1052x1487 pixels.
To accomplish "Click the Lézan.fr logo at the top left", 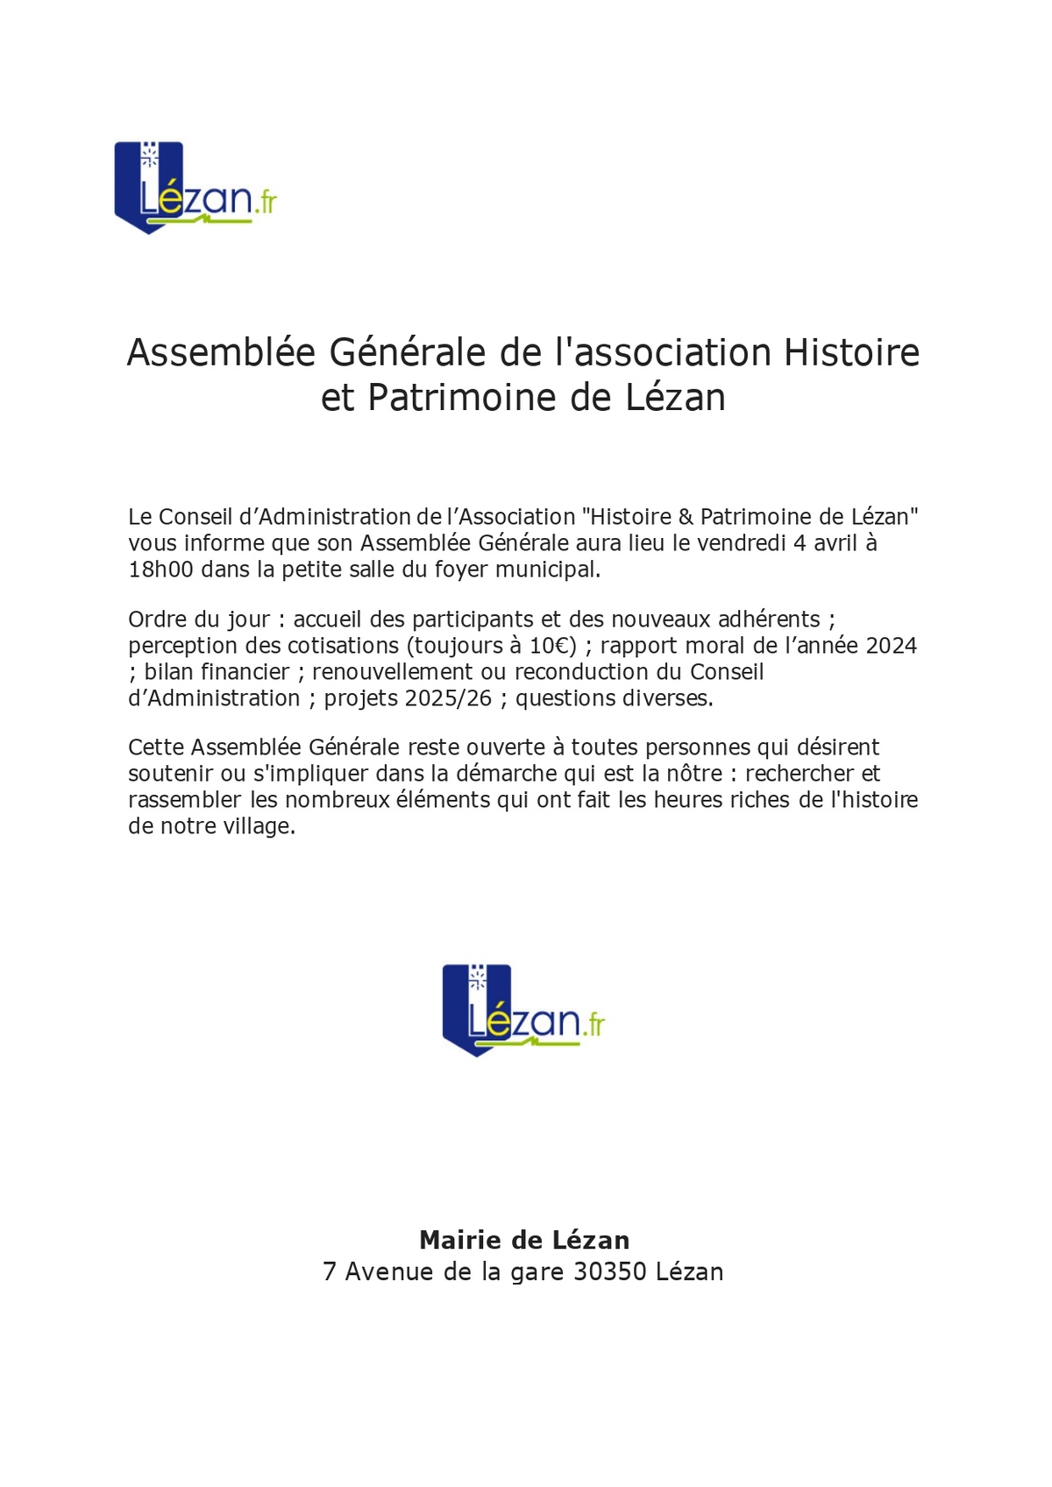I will tap(195, 188).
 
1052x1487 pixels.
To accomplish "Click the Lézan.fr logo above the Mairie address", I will tap(523, 1010).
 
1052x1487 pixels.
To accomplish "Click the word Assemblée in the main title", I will tap(221, 352).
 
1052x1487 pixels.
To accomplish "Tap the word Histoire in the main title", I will tap(851, 352).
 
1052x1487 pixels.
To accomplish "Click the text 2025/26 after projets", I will tap(448, 698).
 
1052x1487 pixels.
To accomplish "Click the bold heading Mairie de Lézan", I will tap(524, 1240).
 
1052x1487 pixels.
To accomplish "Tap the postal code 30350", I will tap(609, 1271).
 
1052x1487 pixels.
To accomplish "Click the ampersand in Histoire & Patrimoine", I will tap(686, 517).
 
